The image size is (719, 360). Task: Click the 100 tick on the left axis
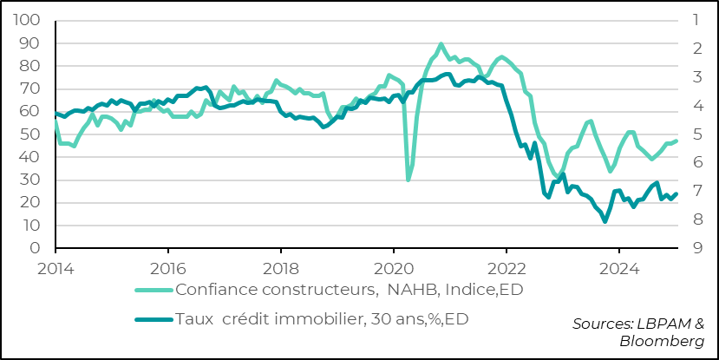(29, 20)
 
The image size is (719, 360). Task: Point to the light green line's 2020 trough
(409, 180)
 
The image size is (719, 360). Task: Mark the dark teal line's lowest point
(605, 222)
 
